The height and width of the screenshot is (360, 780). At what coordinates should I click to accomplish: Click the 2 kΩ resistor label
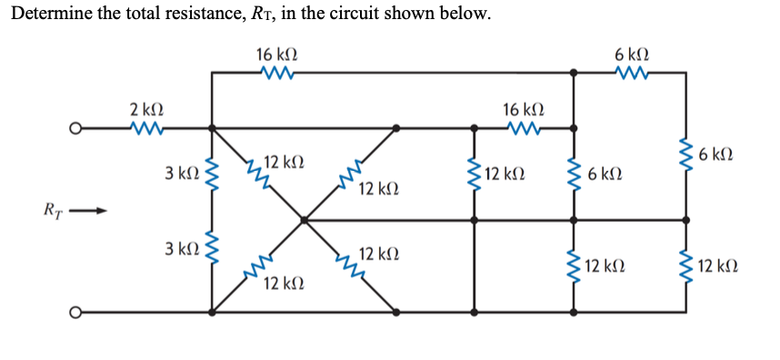[146, 110]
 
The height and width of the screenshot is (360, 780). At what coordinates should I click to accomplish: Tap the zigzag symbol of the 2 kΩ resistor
[146, 128]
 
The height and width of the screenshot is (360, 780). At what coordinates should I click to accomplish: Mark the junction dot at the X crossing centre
[304, 219]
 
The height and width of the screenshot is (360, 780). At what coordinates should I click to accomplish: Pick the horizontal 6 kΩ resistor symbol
[630, 72]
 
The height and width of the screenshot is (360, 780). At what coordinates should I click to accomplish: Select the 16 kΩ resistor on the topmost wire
[274, 72]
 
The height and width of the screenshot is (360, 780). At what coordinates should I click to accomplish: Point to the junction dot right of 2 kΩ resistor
[212, 128]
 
